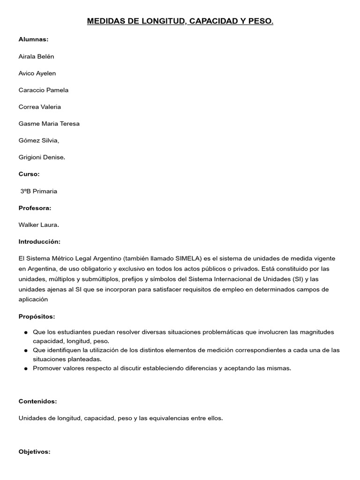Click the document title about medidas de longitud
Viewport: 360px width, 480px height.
point(180,22)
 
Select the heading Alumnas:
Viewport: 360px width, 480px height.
point(33,39)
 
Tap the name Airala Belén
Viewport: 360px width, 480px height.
point(37,56)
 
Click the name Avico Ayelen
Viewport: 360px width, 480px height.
point(37,73)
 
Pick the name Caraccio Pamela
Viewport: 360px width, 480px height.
point(44,90)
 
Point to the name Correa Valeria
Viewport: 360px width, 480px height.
point(40,107)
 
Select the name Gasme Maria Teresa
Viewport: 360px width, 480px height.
point(49,124)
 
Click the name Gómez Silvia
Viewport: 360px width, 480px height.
point(39,141)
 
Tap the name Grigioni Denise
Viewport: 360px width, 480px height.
point(42,157)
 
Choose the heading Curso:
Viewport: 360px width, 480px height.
point(29,174)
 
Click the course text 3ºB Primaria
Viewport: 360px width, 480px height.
point(39,191)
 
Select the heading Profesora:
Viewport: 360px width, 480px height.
point(35,208)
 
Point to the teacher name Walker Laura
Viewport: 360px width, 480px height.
point(39,225)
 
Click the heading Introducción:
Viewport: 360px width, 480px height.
point(39,241)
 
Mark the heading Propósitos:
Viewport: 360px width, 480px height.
point(37,316)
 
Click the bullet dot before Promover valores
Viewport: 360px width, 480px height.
point(25,368)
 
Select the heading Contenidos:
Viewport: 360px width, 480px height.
point(37,401)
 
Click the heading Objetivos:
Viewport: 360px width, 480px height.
point(34,452)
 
